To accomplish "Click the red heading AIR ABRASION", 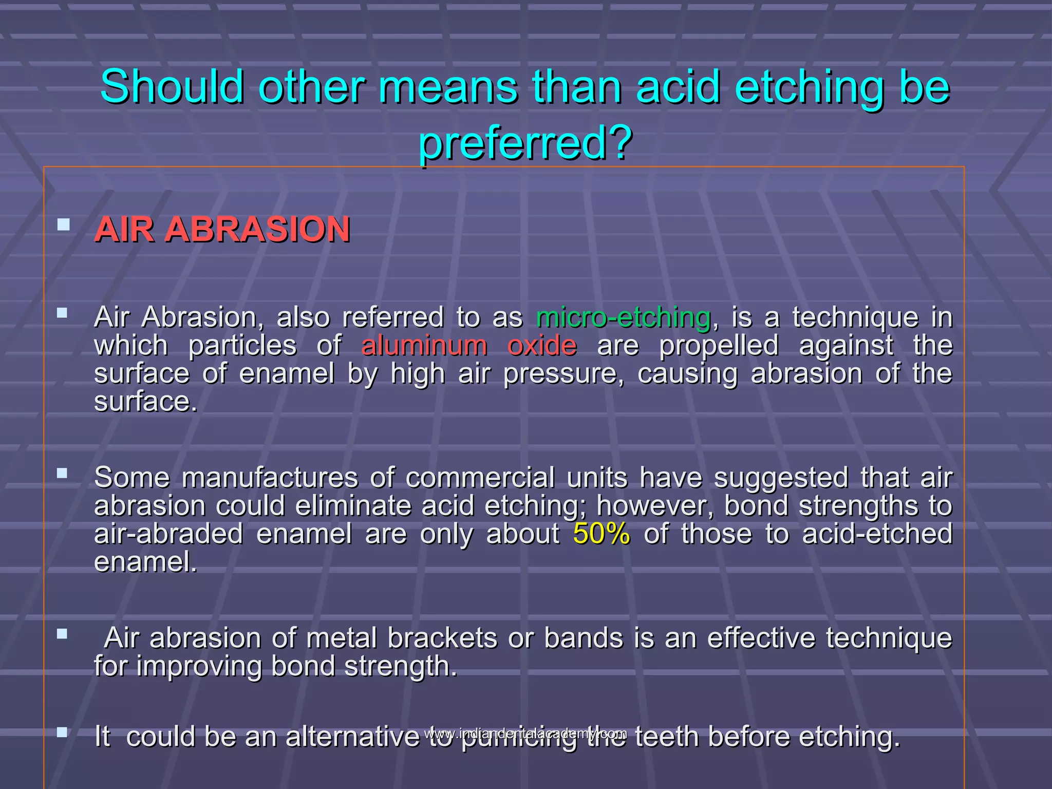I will pyautogui.click(x=222, y=229).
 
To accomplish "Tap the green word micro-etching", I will pyautogui.click(x=623, y=317).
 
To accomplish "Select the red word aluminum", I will pyautogui.click(x=424, y=345).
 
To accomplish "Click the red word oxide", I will pyautogui.click(x=542, y=345).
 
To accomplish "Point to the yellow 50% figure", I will pyautogui.click(x=601, y=534).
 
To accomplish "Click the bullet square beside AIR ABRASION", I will pyautogui.click(x=63, y=224).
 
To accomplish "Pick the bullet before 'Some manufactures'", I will pyautogui.click(x=63, y=473).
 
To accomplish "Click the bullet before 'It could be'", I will pyautogui.click(x=63, y=732).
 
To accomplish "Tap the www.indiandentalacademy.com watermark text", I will pyautogui.click(x=525, y=733).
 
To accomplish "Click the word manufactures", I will pyautogui.click(x=270, y=478).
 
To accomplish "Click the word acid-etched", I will pyautogui.click(x=877, y=534).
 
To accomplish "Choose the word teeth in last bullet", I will pyautogui.click(x=667, y=737).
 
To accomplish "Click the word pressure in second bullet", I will pyautogui.click(x=563, y=374).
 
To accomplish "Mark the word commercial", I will pyautogui.click(x=480, y=478).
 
